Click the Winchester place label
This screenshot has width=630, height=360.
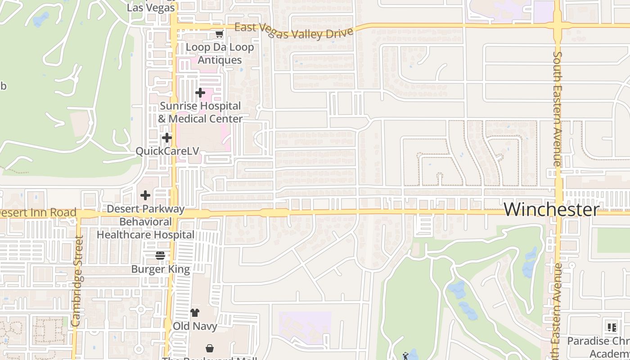pyautogui.click(x=551, y=210)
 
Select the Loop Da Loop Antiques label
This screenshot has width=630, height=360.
pyautogui.click(x=220, y=54)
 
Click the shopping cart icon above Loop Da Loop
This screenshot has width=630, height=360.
pyautogui.click(x=219, y=34)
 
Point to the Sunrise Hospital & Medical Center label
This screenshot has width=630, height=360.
pyautogui.click(x=200, y=112)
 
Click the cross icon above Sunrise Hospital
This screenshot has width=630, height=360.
pyautogui.click(x=200, y=93)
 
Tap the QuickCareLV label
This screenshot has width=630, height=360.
pyautogui.click(x=167, y=151)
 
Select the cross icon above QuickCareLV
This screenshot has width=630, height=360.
pyautogui.click(x=167, y=137)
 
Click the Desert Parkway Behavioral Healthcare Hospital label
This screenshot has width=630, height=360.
pyautogui.click(x=146, y=222)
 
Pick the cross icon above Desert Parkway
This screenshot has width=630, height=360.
pyautogui.click(x=145, y=195)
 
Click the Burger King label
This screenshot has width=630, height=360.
pyautogui.click(x=161, y=269)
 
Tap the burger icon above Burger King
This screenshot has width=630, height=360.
pyautogui.click(x=160, y=256)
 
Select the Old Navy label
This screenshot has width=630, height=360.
pyautogui.click(x=195, y=326)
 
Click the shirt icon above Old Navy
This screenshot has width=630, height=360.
pyautogui.click(x=195, y=313)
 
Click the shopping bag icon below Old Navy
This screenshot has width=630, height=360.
pyautogui.click(x=210, y=348)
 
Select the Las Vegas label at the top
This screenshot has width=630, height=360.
pyautogui.click(x=151, y=7)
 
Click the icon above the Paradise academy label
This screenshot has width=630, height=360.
pyautogui.click(x=612, y=327)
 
